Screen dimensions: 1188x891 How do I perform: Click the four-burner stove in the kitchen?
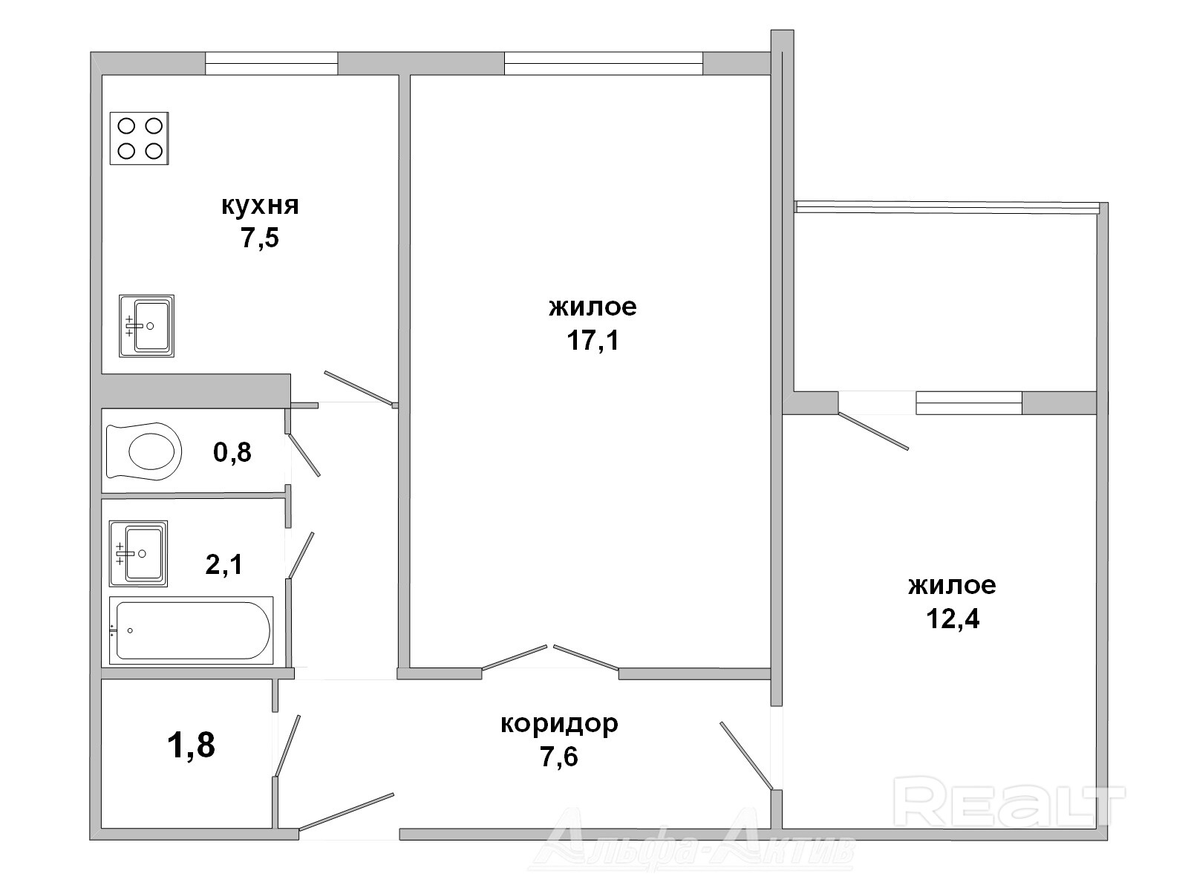pos(139,139)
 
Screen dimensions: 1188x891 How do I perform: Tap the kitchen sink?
pos(147,326)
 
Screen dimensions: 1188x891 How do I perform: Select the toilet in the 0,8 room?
pos(144,451)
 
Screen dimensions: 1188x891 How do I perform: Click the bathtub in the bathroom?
pos(191,630)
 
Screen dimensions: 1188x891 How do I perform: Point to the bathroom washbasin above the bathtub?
pos(138,553)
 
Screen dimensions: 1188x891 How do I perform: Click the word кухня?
pos(260,206)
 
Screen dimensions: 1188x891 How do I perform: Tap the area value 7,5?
pos(260,238)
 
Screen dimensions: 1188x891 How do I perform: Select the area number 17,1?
pos(593,341)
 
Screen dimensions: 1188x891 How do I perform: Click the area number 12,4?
pos(953,619)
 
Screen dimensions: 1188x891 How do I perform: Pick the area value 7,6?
pos(559,757)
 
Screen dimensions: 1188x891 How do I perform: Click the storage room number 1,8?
pos(191,745)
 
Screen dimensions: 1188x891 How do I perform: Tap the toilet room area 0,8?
pos(232,452)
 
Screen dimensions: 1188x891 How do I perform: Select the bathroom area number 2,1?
pos(224,565)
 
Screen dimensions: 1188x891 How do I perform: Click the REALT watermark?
pos(1009,801)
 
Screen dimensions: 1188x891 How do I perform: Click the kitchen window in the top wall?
pos(272,63)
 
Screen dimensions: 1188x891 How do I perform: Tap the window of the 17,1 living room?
pos(604,63)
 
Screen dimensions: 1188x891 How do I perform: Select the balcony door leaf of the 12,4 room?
pos(873,431)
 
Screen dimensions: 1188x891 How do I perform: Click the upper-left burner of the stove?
pos(126,126)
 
